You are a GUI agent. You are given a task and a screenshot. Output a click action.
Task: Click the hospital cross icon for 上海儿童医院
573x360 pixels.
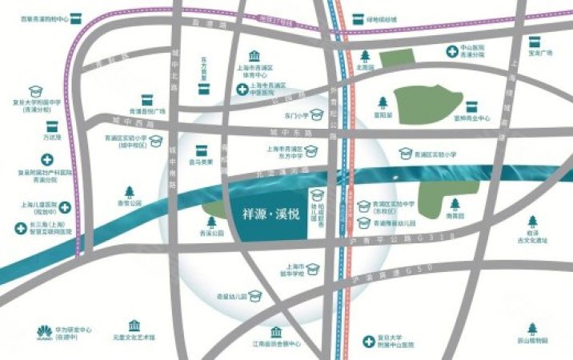pyautogui.click(x=63, y=208)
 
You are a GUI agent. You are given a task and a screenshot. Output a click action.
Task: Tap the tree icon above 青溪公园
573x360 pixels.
pyautogui.click(x=211, y=221)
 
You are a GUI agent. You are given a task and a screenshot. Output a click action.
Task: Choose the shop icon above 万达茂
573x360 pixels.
pyautogui.click(x=52, y=127)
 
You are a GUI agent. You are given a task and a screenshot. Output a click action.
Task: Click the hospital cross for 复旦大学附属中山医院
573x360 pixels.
pyautogui.click(x=369, y=341)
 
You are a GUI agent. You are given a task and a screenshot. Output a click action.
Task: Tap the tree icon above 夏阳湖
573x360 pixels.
pyautogui.click(x=383, y=103)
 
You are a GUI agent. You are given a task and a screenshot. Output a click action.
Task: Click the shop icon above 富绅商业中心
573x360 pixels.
pyautogui.click(x=471, y=106)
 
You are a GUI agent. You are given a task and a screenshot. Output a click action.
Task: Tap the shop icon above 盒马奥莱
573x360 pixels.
pyautogui.click(x=201, y=150)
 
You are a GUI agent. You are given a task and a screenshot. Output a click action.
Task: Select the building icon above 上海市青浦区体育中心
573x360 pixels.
pyautogui.click(x=254, y=57)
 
